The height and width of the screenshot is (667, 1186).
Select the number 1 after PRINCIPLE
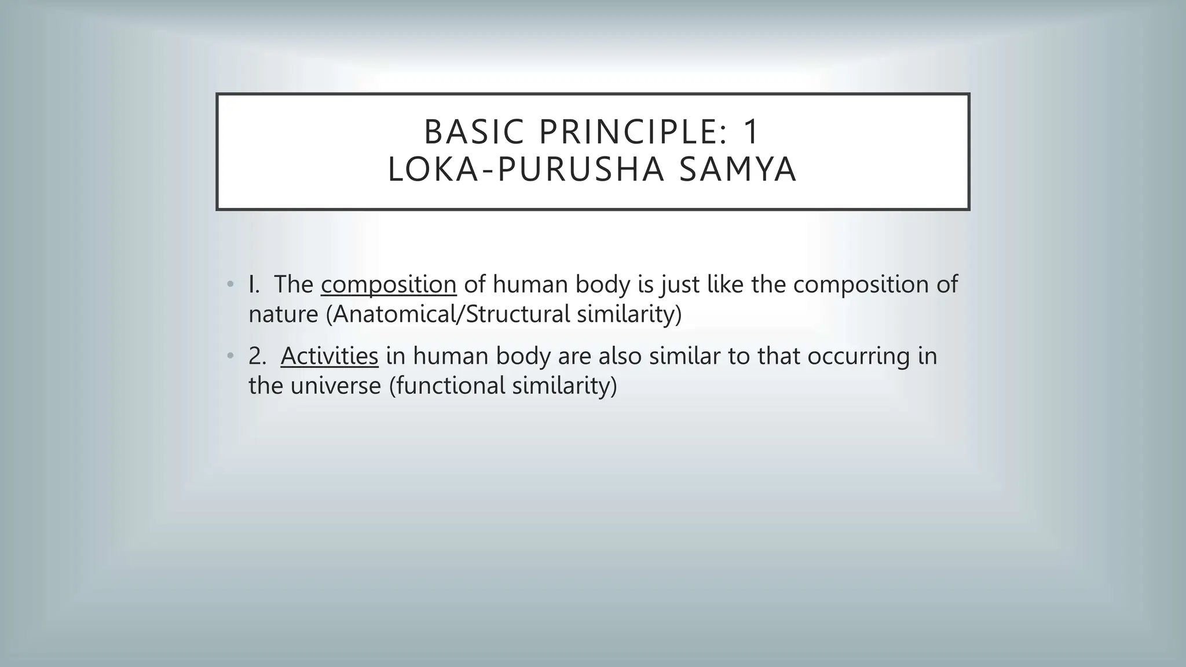[x=751, y=132]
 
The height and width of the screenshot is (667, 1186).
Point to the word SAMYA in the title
[x=737, y=170]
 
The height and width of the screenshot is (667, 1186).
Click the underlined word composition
[x=389, y=285]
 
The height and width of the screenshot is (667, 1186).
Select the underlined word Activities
[x=329, y=356]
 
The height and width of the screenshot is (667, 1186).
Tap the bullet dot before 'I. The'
[x=230, y=284]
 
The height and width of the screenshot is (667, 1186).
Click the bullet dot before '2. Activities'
[x=230, y=356]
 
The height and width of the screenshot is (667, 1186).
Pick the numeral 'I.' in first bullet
[x=254, y=285]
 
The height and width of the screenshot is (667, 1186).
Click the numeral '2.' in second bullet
[x=257, y=356]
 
